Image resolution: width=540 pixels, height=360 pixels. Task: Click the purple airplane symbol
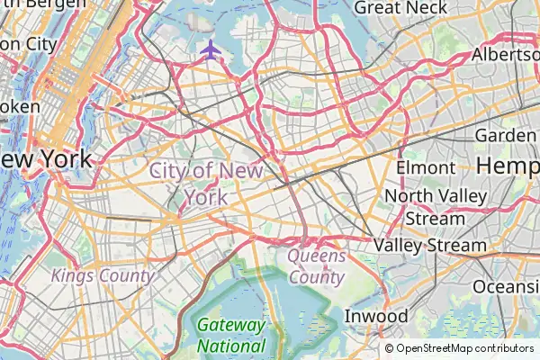[211, 49]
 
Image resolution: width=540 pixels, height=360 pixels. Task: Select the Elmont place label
[426, 167]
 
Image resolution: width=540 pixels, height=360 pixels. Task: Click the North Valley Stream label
[435, 207]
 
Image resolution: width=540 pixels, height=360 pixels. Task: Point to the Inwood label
[376, 317]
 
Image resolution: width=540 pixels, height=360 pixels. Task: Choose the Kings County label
[102, 275]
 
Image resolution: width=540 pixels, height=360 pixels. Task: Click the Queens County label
[316, 266]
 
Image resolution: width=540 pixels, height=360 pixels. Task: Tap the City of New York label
[207, 183]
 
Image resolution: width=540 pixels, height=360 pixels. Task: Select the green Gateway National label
[231, 335]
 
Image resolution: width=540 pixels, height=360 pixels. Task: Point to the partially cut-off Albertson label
[506, 55]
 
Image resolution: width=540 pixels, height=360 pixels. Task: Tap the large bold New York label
[47, 160]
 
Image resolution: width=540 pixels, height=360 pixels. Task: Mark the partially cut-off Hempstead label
[508, 166]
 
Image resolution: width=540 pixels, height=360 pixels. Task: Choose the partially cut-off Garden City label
[506, 135]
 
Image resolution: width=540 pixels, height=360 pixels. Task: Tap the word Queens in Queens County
[316, 256]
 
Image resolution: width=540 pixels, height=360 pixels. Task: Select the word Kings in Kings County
[72, 275]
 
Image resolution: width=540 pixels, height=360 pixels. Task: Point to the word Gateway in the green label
[231, 325]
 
